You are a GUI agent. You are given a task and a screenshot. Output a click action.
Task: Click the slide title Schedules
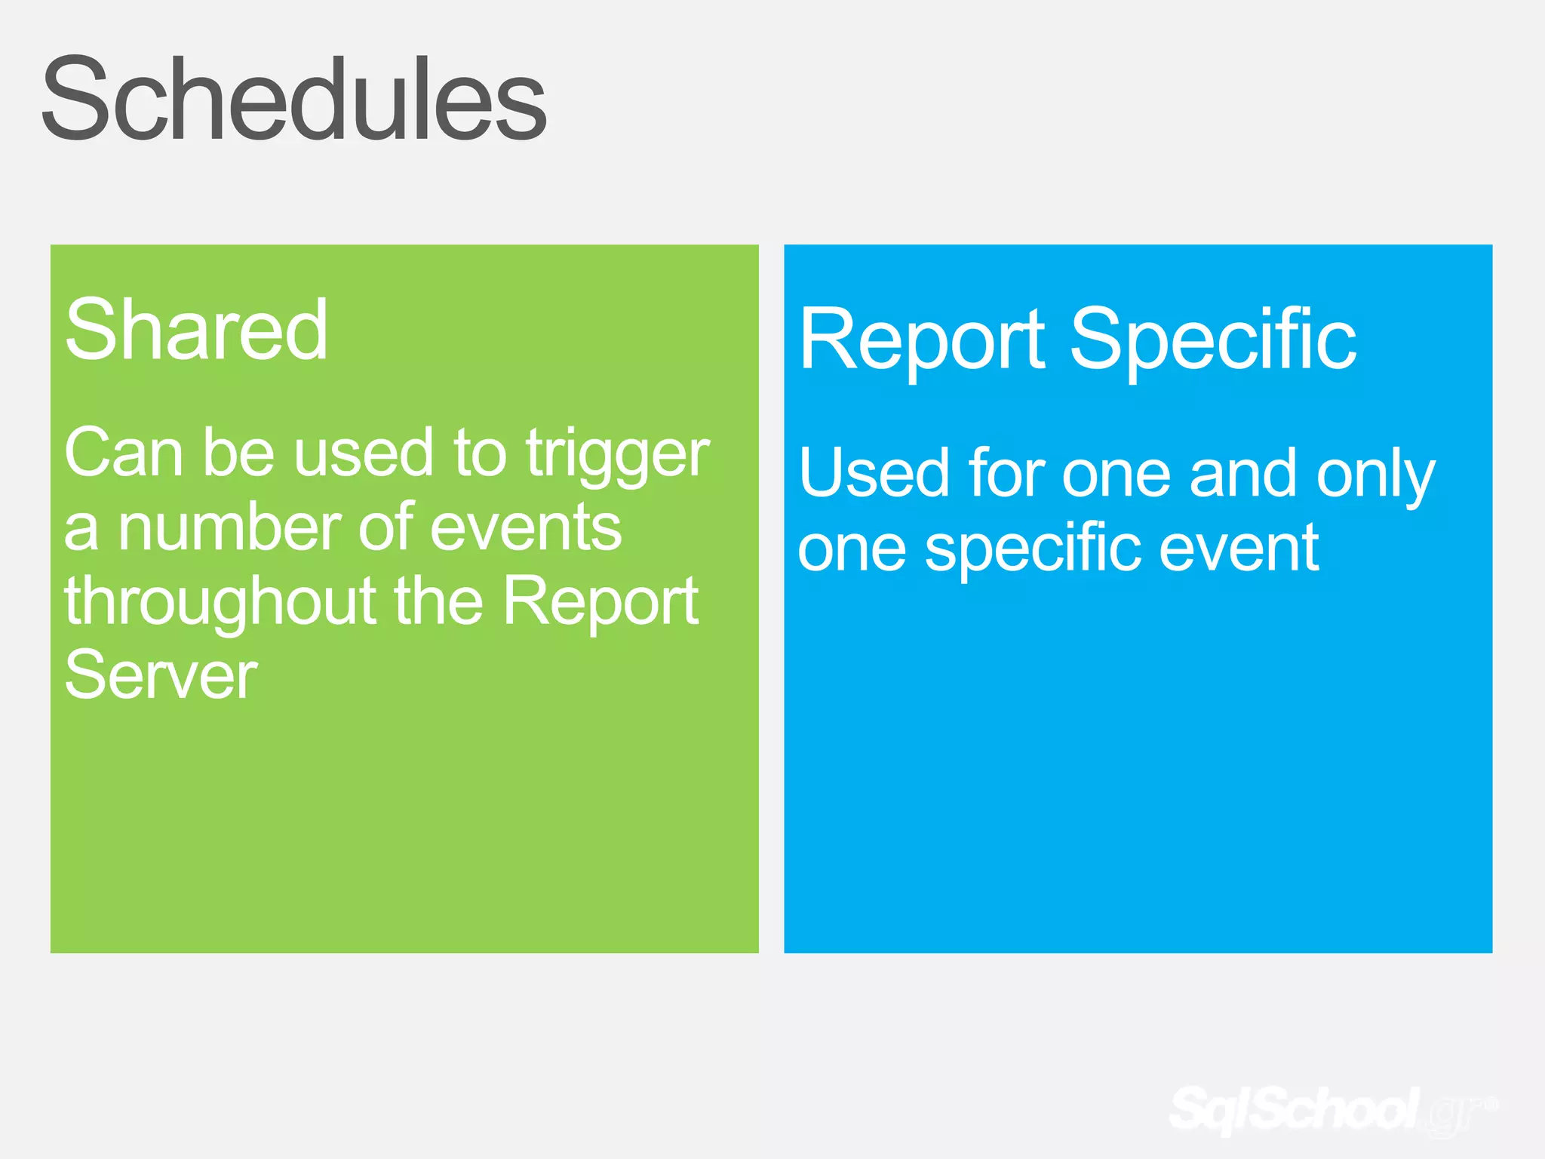point(294,100)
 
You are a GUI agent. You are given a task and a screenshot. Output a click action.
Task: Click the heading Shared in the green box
point(196,330)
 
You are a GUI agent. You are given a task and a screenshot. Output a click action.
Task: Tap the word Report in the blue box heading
point(922,341)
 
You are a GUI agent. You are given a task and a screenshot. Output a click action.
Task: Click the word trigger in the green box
point(617,454)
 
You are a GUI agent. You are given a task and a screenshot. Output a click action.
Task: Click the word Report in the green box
point(600,601)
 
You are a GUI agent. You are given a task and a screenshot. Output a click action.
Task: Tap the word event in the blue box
point(1239,549)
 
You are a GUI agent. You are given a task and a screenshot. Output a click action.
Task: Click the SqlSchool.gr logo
point(1332,1109)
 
